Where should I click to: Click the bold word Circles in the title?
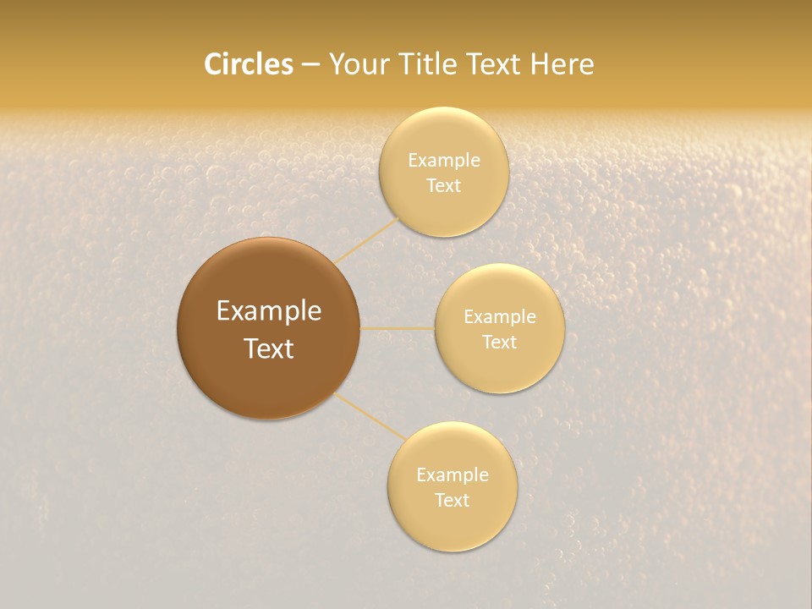pos(249,64)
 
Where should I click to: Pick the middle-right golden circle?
pos(500,372)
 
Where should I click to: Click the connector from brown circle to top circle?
pos(366,240)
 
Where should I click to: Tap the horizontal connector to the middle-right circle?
pos(397,328)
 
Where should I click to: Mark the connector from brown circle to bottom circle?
pos(370,416)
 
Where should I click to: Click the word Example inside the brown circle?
pos(269,311)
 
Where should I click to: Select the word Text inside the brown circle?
pos(269,348)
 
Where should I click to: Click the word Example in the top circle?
pos(444,161)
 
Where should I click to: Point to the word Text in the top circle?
pos(444,186)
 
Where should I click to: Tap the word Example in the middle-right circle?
pos(500,317)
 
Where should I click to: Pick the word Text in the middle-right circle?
pos(500,343)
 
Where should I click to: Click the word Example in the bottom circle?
pos(453,475)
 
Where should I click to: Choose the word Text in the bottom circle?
pos(453,501)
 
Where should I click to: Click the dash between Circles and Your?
pos(310,64)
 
